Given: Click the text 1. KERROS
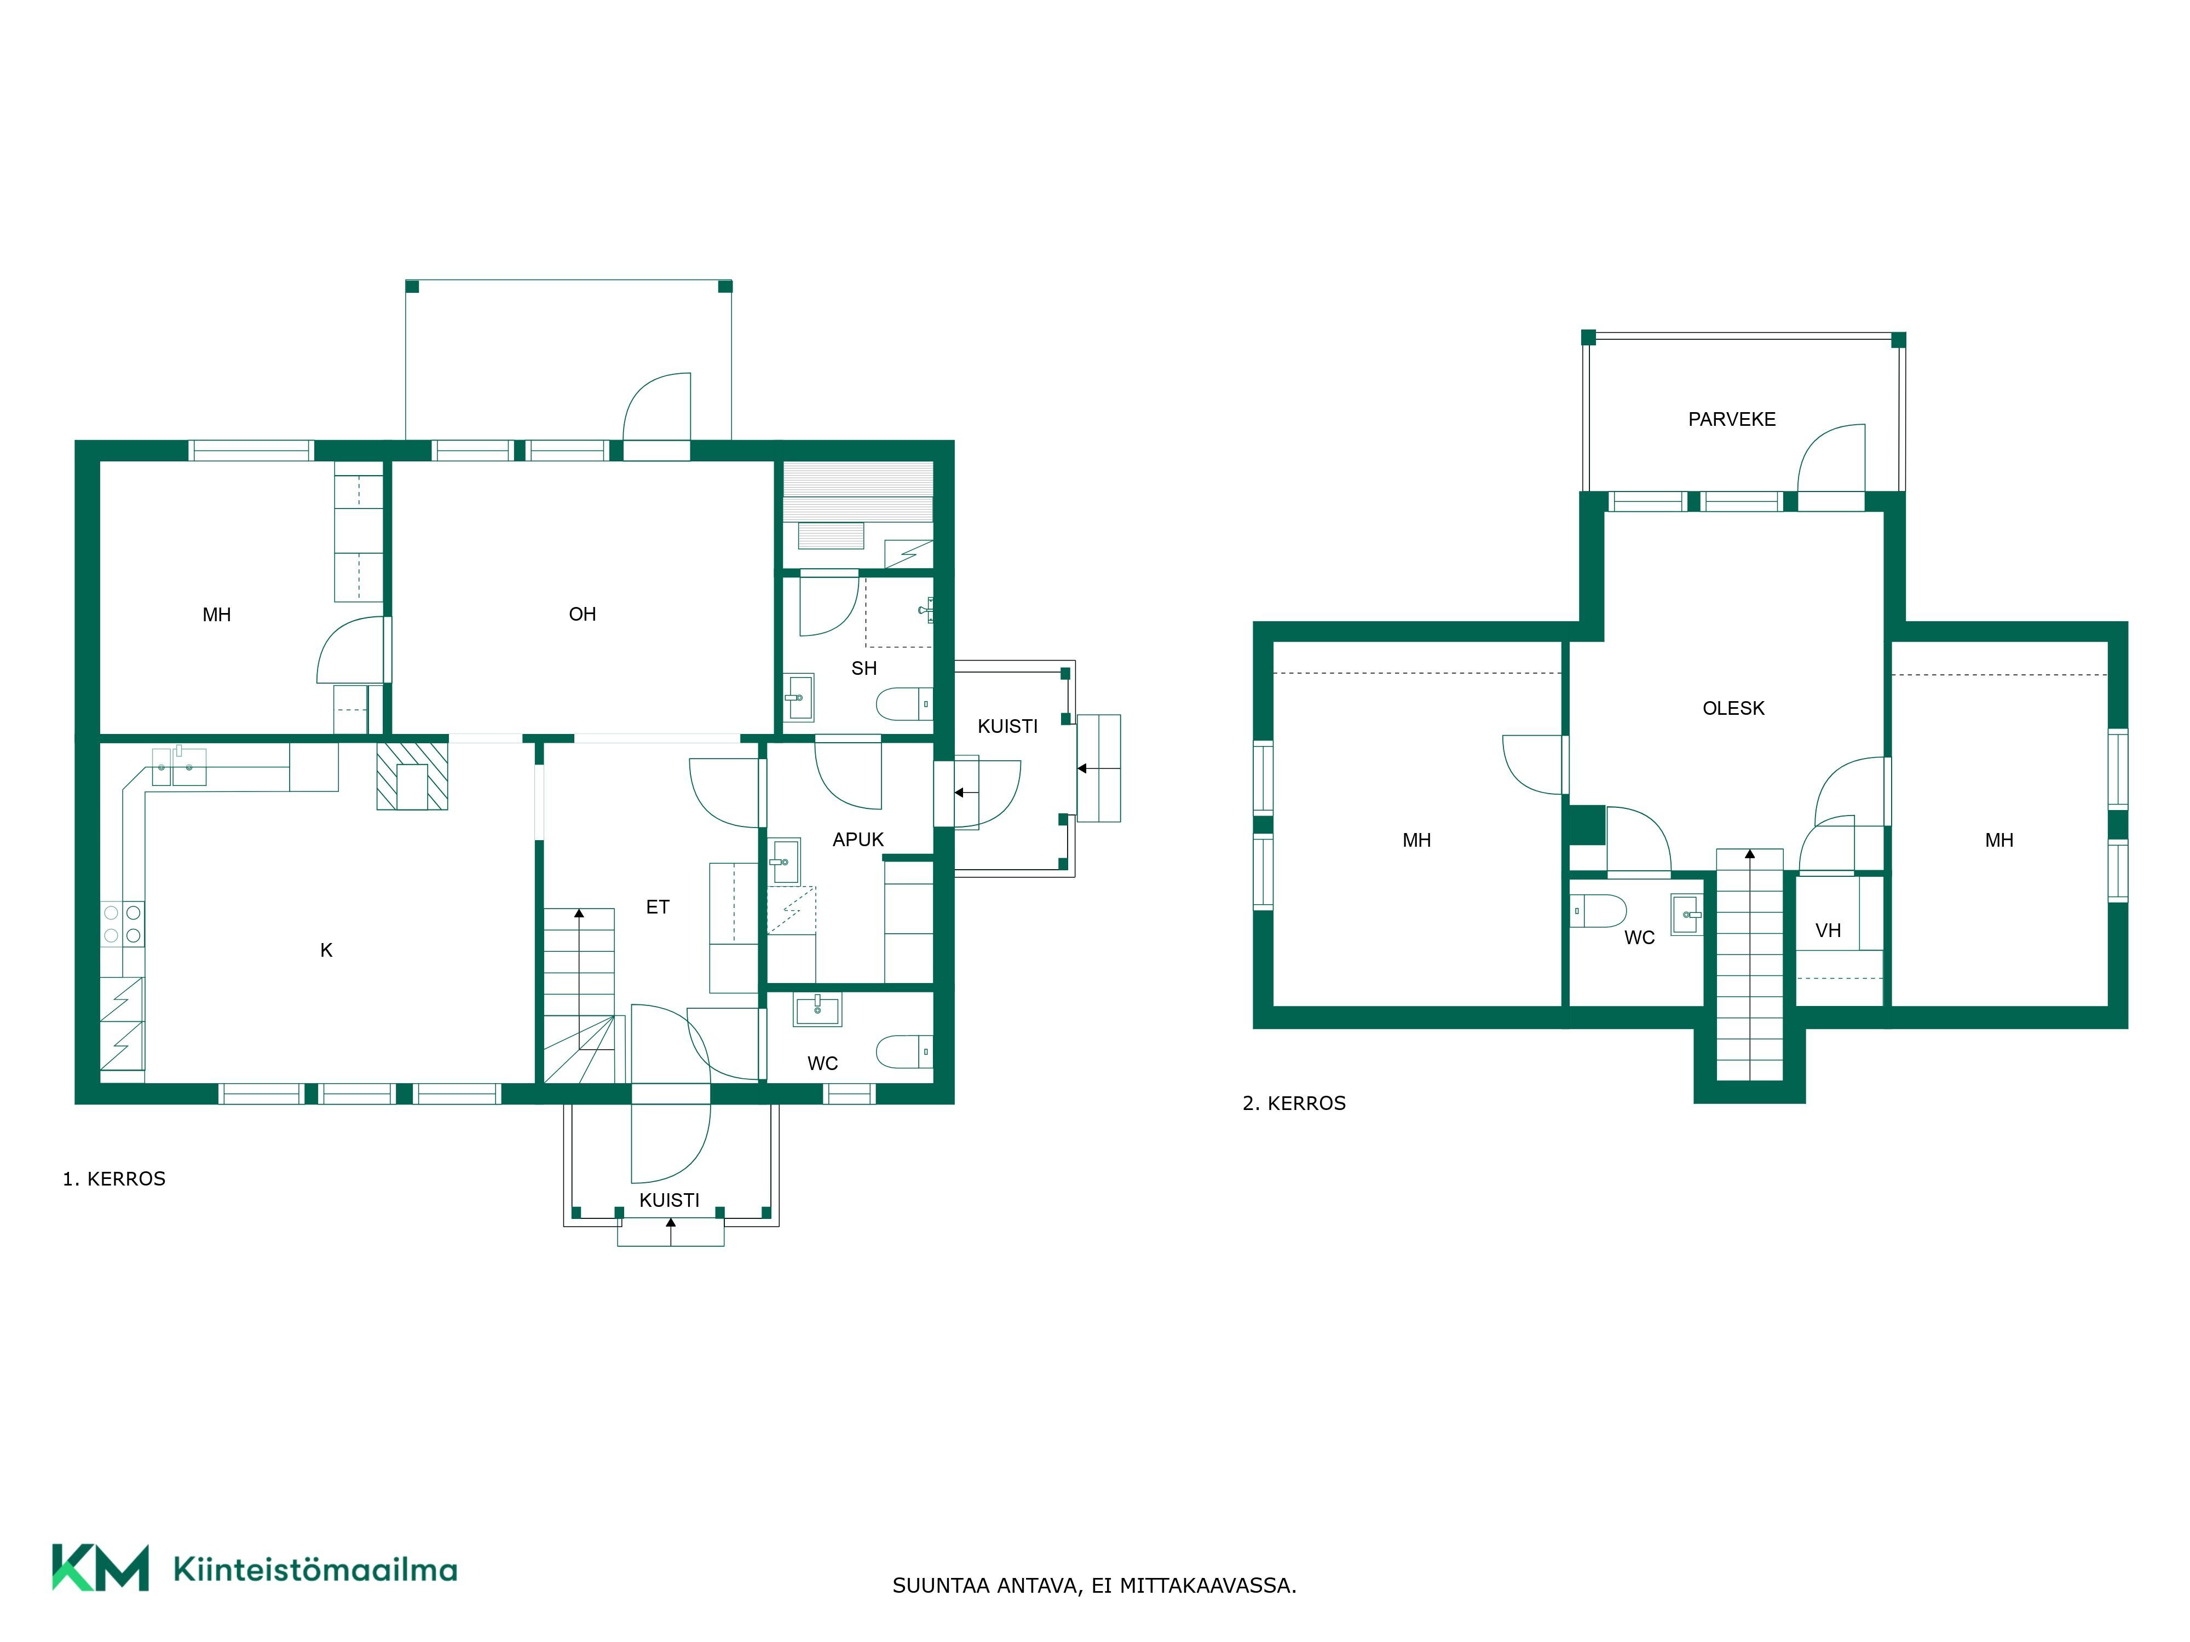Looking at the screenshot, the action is pyautogui.click(x=114, y=1179).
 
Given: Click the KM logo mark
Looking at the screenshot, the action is pyautogui.click(x=100, y=1568).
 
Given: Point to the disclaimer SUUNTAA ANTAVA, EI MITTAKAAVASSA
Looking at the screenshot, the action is pyautogui.click(x=1094, y=1586).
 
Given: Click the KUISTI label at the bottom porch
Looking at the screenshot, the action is pyautogui.click(x=669, y=1200).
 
